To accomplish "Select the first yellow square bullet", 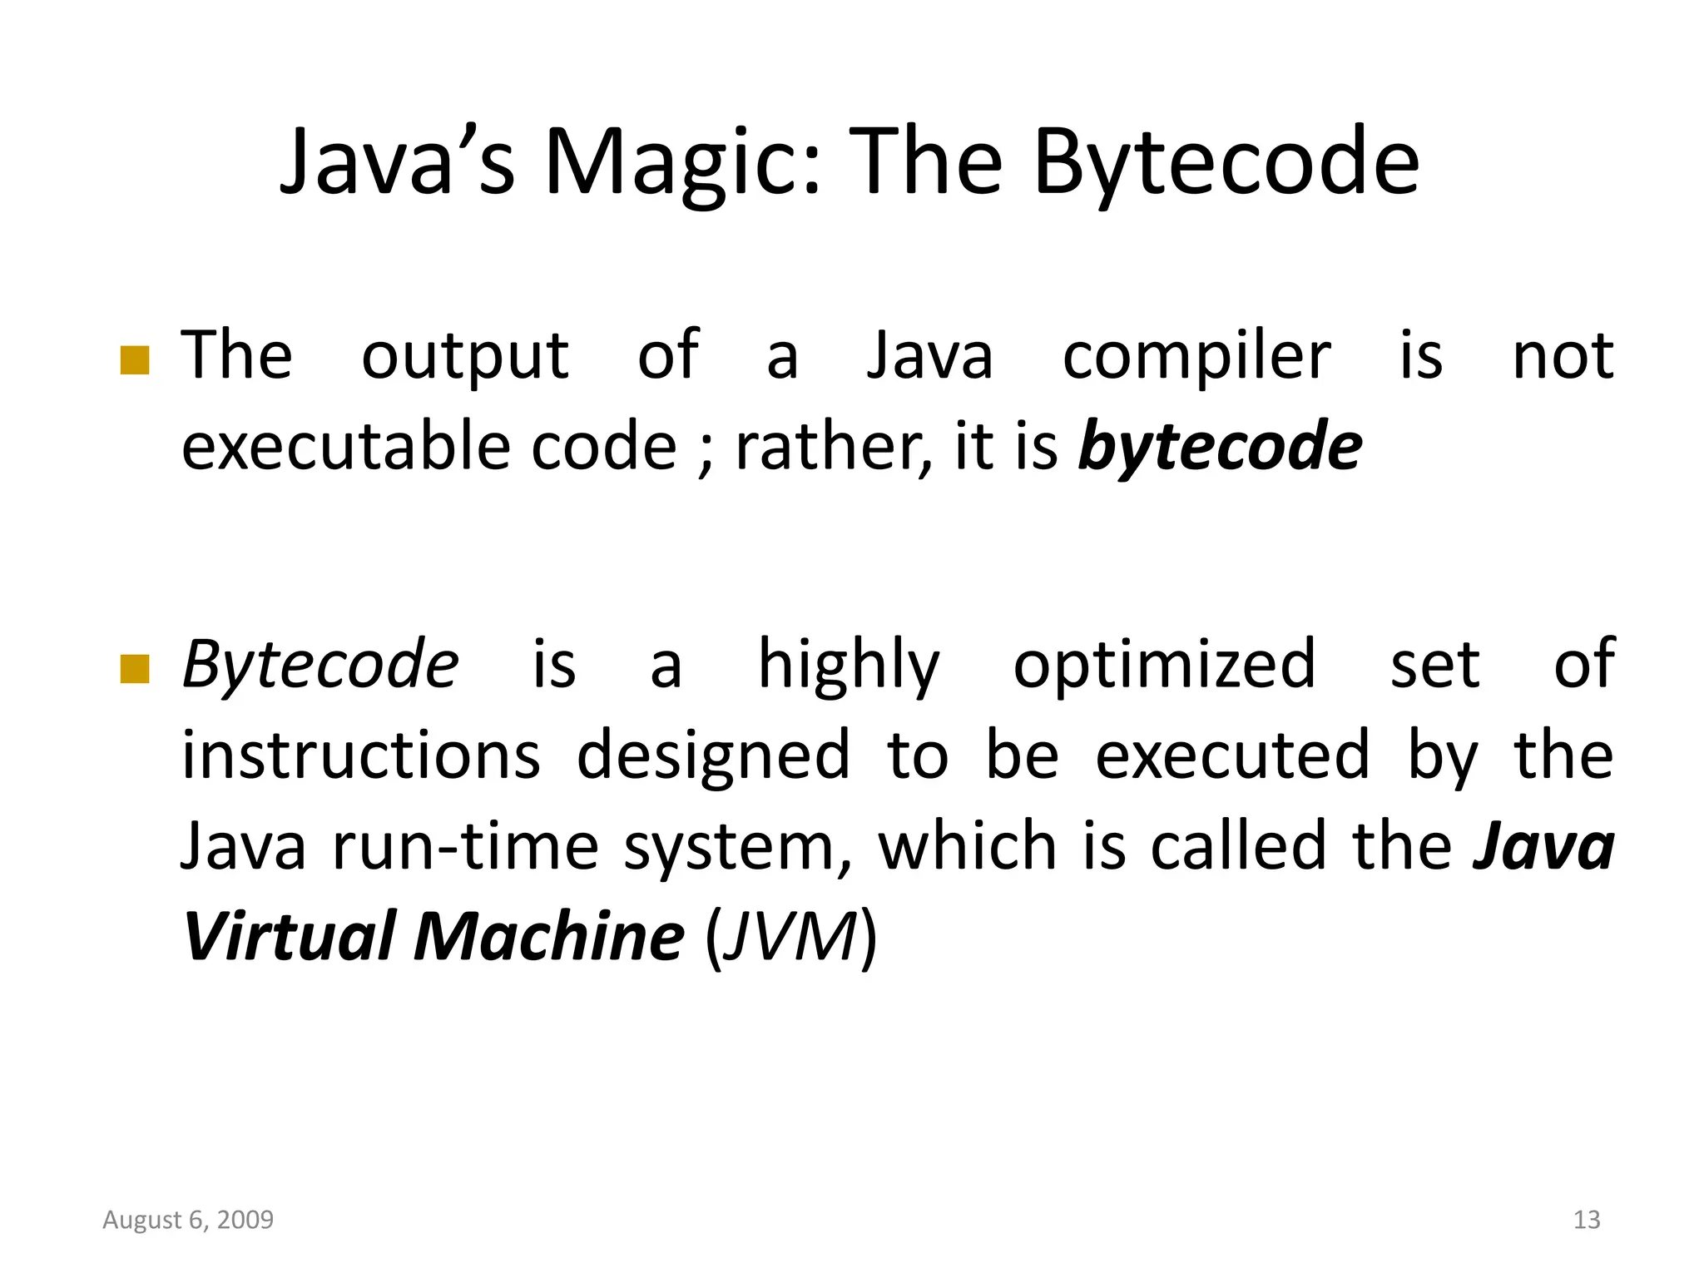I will point(135,361).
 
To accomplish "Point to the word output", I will point(464,356).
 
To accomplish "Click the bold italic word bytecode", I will point(1220,448).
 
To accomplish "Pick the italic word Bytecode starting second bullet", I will point(320,666).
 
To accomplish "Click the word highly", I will point(849,666).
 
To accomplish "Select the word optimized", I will point(1164,666).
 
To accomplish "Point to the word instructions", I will point(361,755).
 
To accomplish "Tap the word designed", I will point(713,755).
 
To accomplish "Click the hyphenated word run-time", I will point(465,847).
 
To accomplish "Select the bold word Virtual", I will point(289,937).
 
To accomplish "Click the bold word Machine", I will point(549,937).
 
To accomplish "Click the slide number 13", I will point(1587,1220).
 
